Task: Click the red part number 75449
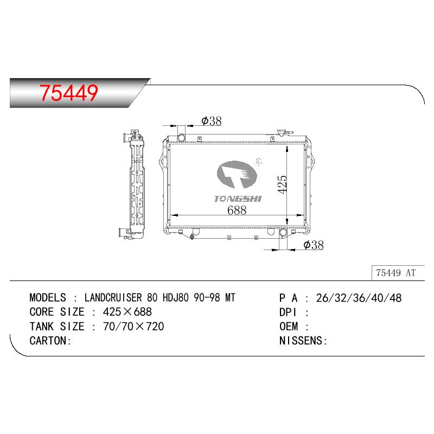pyautogui.click(x=69, y=93)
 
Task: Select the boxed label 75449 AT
pyautogui.click(x=396, y=273)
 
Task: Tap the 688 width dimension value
pyautogui.click(x=237, y=210)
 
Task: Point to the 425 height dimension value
pyautogui.click(x=282, y=184)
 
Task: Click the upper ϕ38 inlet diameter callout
pyautogui.click(x=212, y=121)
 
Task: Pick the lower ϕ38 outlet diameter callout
pyautogui.click(x=314, y=245)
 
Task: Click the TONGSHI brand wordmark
pyautogui.click(x=238, y=199)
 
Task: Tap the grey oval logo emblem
pyautogui.click(x=237, y=174)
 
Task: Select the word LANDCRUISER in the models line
pyautogui.click(x=113, y=298)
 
